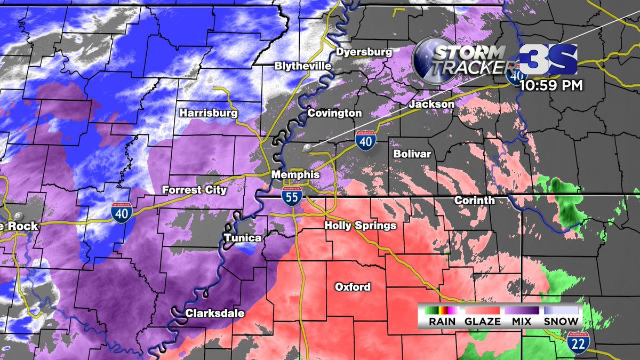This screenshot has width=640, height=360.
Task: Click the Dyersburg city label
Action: tap(364, 52)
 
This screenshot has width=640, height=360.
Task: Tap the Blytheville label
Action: tap(303, 66)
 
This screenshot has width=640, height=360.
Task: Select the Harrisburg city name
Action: tap(208, 113)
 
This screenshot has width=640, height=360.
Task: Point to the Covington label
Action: tap(334, 113)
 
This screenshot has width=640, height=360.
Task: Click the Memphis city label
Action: tap(295, 175)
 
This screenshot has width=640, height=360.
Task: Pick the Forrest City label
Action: tap(195, 190)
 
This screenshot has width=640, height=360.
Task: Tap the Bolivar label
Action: tap(412, 154)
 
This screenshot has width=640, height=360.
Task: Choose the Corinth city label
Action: tap(474, 201)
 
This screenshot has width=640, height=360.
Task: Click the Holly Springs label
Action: tap(361, 226)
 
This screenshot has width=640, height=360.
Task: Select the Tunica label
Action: tap(243, 238)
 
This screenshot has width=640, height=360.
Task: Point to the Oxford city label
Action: tap(353, 287)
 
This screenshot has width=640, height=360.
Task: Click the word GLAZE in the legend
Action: tap(483, 321)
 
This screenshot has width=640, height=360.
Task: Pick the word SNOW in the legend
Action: tap(561, 321)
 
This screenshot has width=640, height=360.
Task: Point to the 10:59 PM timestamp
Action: tap(551, 84)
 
